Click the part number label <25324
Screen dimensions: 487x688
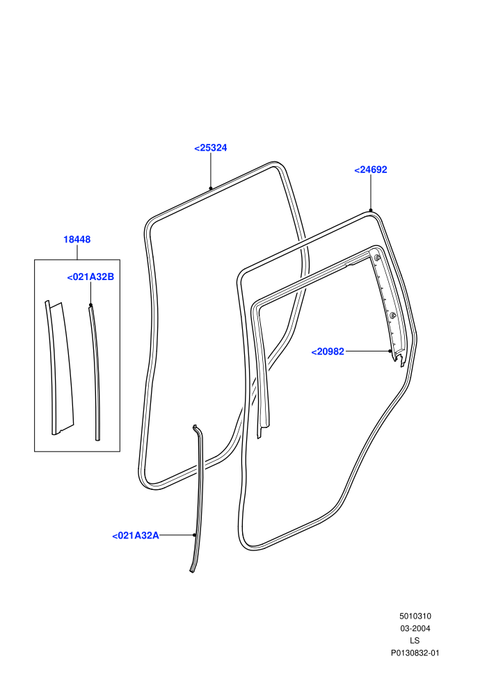(210, 148)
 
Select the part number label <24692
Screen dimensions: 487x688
(371, 170)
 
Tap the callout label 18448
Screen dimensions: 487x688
(77, 240)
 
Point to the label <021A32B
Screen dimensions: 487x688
(90, 277)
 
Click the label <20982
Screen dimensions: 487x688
(328, 352)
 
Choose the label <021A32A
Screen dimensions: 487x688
(136, 535)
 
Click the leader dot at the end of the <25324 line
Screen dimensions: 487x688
(211, 188)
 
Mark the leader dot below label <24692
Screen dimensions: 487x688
(371, 210)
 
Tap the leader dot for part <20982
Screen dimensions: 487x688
(390, 351)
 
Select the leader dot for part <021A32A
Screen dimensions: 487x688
(195, 535)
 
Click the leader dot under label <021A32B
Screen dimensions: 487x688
(91, 305)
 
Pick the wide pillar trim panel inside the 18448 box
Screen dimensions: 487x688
(60, 368)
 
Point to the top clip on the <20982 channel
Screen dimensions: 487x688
(377, 257)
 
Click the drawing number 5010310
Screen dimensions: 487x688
(415, 616)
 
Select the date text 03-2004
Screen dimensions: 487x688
(415, 628)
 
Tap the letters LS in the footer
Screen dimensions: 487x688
(415, 641)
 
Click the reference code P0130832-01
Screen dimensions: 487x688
(415, 653)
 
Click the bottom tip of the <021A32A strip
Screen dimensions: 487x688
(191, 571)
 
